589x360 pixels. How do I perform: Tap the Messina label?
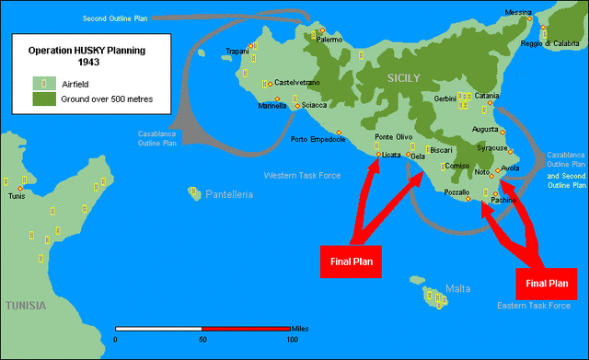(x=518, y=12)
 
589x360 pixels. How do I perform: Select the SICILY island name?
(x=404, y=79)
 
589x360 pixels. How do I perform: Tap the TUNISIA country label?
(x=29, y=304)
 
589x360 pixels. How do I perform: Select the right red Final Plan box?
(x=547, y=283)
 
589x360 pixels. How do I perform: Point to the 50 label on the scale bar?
(x=202, y=340)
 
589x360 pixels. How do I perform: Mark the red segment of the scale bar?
(x=246, y=328)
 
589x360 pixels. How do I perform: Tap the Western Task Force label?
(x=303, y=174)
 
